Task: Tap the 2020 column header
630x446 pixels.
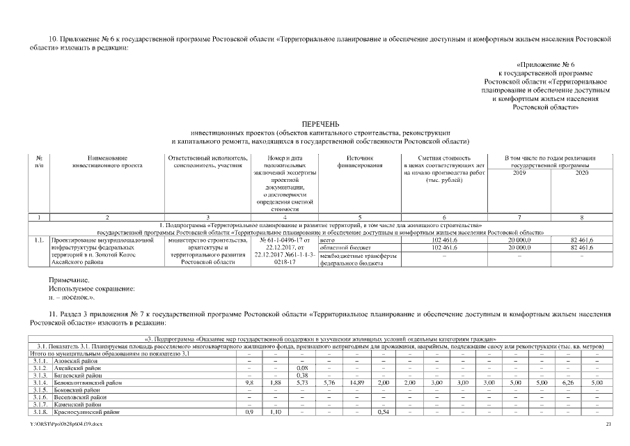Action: pyautogui.click(x=581, y=173)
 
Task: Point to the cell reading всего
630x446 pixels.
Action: pyautogui.click(x=328, y=239)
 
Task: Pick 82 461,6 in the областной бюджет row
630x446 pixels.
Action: pyautogui.click(x=581, y=247)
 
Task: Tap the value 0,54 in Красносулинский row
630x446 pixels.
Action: pyautogui.click(x=382, y=412)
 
